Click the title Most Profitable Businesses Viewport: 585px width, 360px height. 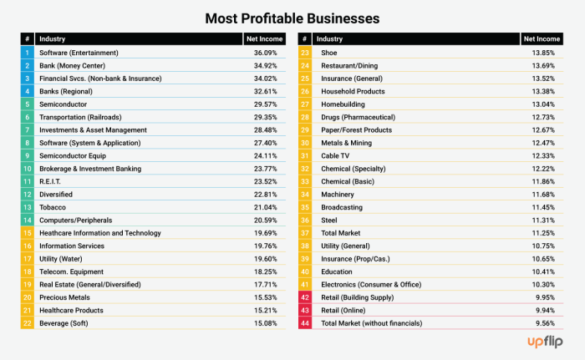pyautogui.click(x=292, y=17)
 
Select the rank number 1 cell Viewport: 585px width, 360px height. pyautogui.click(x=28, y=53)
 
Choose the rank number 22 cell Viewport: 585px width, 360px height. pyautogui.click(x=28, y=323)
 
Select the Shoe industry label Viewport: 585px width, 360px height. pyautogui.click(x=329, y=53)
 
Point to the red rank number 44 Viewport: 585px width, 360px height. pyautogui.click(x=305, y=323)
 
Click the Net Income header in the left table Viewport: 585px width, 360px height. pyautogui.click(x=262, y=38)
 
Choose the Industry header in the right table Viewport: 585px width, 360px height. pyautogui.click(x=329, y=38)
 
